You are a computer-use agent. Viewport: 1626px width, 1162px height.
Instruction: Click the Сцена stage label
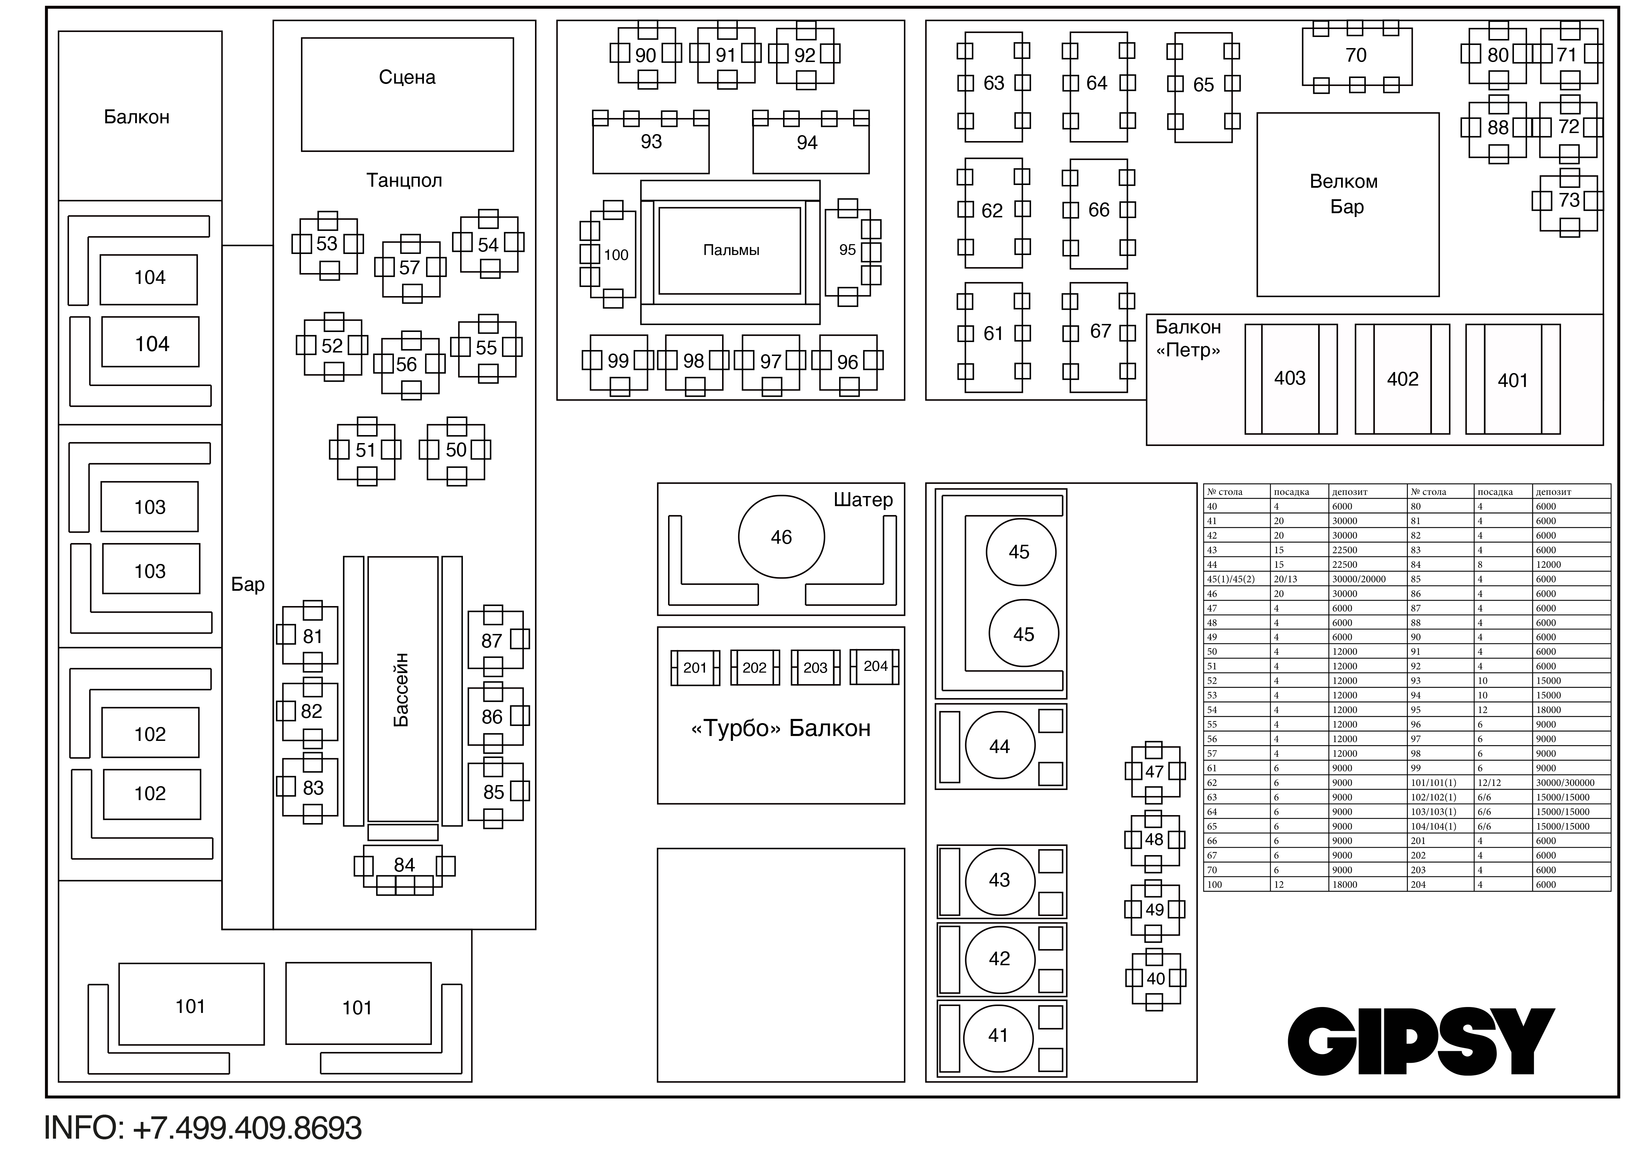tap(407, 77)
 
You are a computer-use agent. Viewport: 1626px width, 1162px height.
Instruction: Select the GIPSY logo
tap(1422, 1041)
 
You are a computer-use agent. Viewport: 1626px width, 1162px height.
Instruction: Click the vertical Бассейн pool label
tap(402, 690)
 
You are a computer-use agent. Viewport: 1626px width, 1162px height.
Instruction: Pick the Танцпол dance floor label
tap(404, 180)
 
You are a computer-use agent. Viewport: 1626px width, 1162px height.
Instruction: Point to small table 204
tap(875, 666)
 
